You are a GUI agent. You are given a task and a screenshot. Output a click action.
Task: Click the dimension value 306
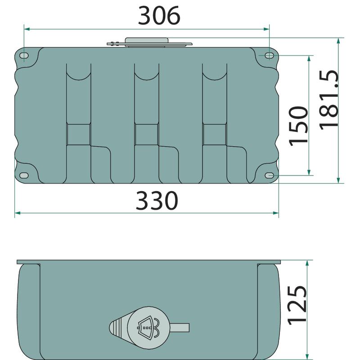159,16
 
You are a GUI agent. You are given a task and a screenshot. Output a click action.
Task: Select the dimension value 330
157,201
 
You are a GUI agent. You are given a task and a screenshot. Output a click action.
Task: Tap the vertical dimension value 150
298,126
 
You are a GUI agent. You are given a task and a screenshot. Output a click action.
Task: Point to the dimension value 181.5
329,100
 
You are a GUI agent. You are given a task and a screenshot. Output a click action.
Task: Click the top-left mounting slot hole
24,55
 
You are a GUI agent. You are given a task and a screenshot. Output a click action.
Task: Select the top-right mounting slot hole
269,55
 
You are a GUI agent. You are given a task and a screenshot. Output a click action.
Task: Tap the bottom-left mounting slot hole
24,175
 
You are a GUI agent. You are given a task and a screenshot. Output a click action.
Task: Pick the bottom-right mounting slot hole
269,175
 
